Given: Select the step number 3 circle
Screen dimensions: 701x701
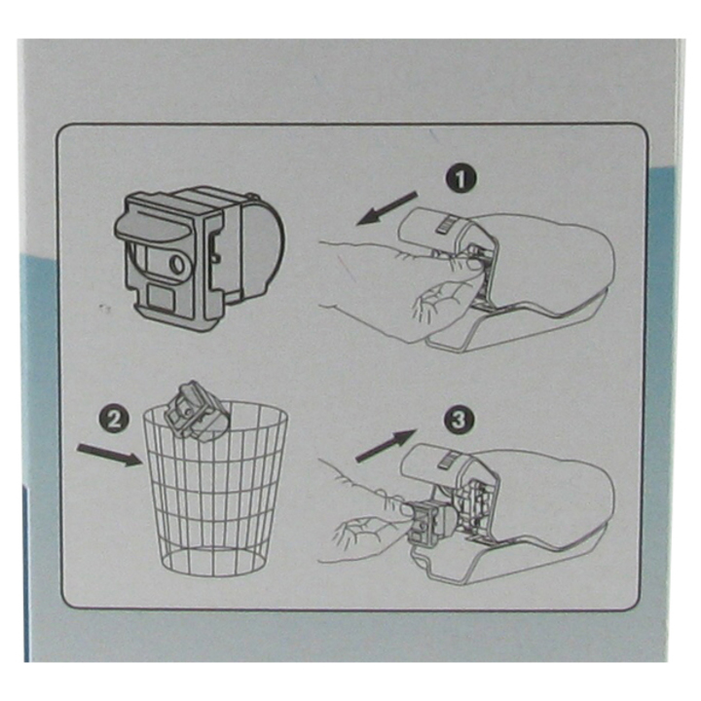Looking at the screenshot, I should [456, 420].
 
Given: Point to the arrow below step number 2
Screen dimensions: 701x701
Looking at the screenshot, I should [108, 455].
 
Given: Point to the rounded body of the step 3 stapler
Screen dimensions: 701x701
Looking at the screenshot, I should [555, 492].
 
